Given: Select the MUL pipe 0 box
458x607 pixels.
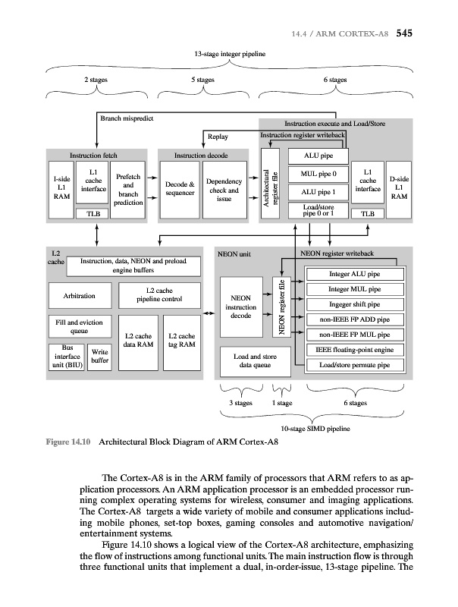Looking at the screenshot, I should click(x=313, y=174).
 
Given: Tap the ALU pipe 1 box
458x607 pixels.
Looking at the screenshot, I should click(x=313, y=193).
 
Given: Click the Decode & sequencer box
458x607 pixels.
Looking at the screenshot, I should click(x=180, y=187).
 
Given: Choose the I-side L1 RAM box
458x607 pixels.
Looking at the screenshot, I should click(x=61, y=186).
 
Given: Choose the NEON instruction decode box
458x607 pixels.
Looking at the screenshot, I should click(x=241, y=307).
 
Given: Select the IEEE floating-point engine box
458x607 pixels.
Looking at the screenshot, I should click(x=354, y=349).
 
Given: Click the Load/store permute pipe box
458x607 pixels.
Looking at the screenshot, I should click(x=354, y=365).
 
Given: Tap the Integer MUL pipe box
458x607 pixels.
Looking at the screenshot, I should click(x=354, y=289).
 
